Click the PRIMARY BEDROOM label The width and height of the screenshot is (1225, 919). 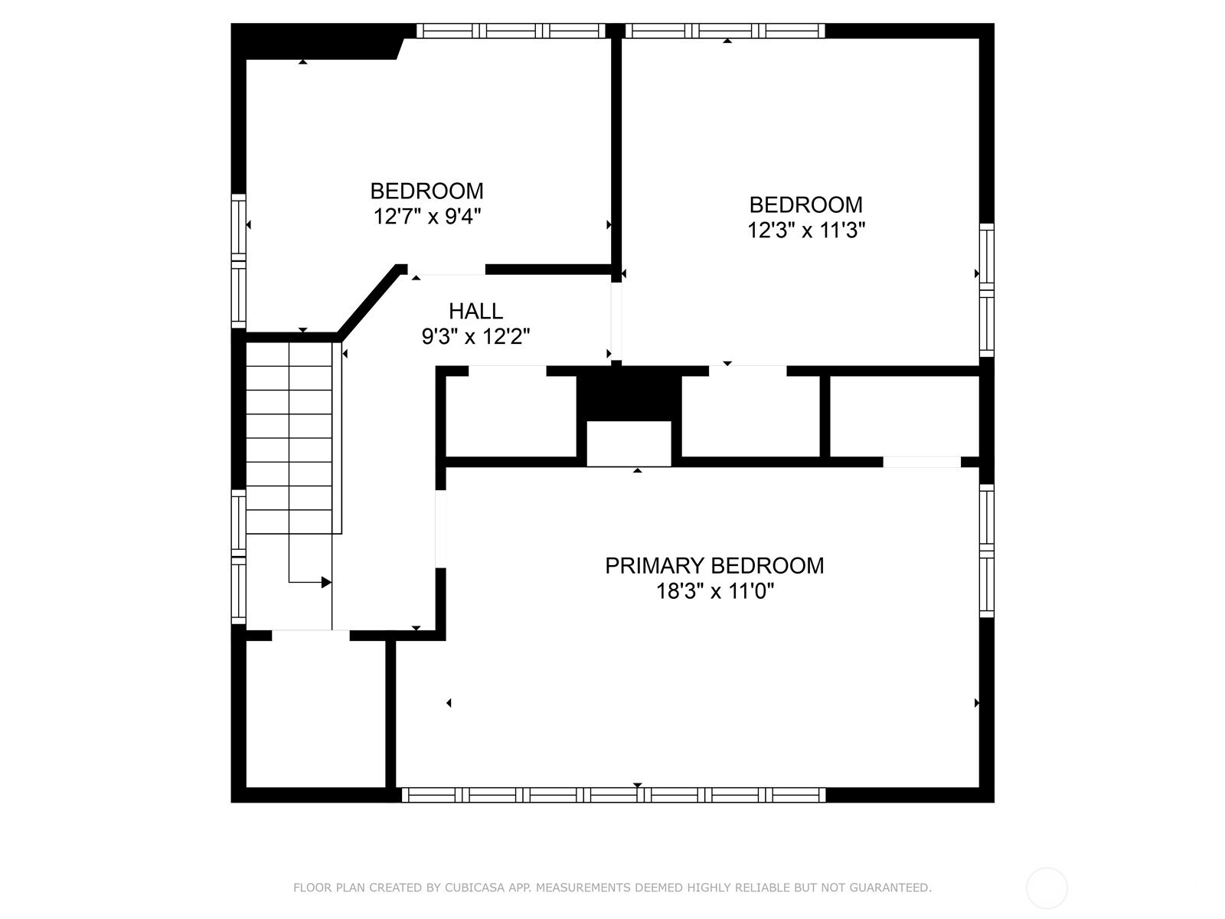tap(714, 566)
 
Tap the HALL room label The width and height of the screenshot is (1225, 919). tap(475, 311)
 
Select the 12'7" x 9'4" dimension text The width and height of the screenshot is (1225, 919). tap(427, 217)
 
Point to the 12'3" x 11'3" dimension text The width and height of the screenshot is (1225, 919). tap(806, 230)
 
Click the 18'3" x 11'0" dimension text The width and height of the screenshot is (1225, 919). tap(714, 591)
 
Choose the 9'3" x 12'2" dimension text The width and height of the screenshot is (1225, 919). tap(475, 336)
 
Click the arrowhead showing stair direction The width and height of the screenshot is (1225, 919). tap(326, 583)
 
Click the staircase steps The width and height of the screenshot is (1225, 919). tap(289, 438)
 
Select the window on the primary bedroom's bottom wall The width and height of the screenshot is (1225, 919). tap(613, 795)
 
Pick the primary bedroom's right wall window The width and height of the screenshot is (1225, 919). tap(987, 551)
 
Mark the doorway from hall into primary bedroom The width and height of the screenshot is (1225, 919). tap(440, 529)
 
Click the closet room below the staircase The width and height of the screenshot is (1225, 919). tap(316, 715)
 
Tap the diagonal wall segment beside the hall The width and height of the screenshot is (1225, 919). tap(371, 302)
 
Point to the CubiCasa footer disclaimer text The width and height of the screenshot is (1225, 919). tap(612, 887)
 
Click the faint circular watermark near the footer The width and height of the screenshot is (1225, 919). tap(1047, 888)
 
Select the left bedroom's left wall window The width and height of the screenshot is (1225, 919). tap(239, 261)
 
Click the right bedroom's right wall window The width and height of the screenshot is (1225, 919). tap(987, 290)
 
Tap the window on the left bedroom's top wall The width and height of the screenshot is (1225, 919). tap(511, 31)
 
